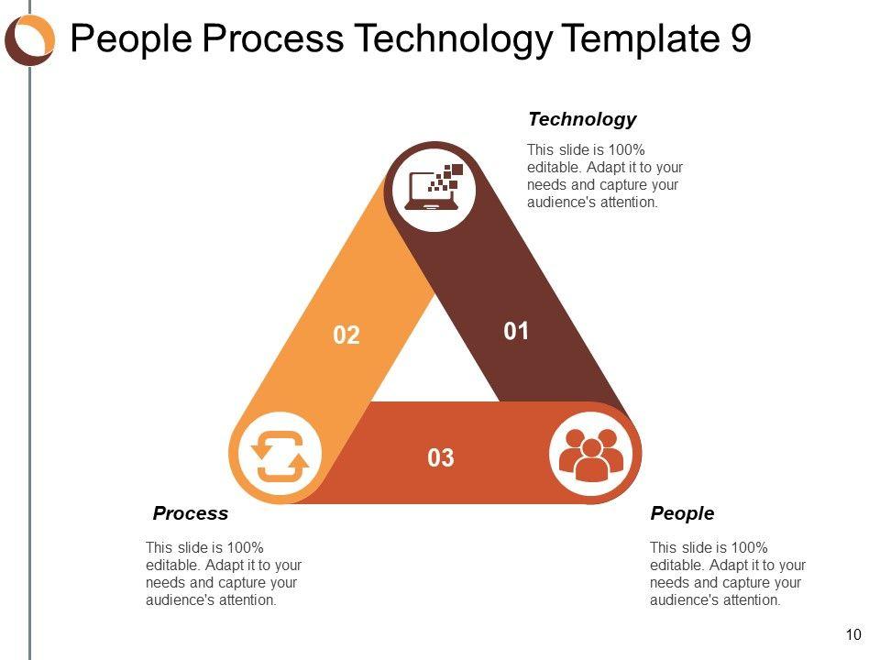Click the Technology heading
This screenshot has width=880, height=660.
pyautogui.click(x=582, y=119)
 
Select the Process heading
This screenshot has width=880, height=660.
pyautogui.click(x=191, y=513)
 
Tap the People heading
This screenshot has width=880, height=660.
pyautogui.click(x=682, y=513)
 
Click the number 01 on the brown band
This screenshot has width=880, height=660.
pyautogui.click(x=516, y=331)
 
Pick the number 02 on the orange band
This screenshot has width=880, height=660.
pyautogui.click(x=346, y=335)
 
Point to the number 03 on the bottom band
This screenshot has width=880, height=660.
pyautogui.click(x=441, y=458)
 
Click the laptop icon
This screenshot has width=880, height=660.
pyautogui.click(x=434, y=187)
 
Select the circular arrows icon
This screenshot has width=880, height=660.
pyautogui.click(x=280, y=456)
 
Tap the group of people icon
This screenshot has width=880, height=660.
pyautogui.click(x=591, y=455)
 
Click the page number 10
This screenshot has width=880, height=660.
pyautogui.click(x=853, y=634)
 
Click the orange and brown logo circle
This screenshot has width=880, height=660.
pyautogui.click(x=29, y=39)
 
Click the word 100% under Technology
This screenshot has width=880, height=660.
pyautogui.click(x=626, y=149)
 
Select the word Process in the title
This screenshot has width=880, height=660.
pyautogui.click(x=273, y=38)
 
